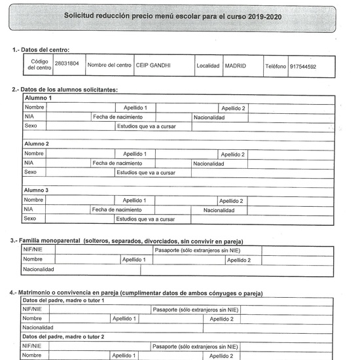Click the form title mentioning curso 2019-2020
click(173, 15)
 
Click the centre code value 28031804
click(66, 65)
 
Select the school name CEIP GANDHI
click(154, 65)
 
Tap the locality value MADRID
click(236, 65)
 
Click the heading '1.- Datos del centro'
click(41, 50)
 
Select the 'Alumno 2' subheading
click(37, 143)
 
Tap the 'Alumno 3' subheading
click(37, 190)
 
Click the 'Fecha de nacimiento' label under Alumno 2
click(117, 164)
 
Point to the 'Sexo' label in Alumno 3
click(29, 219)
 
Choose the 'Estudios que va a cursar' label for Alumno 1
click(145, 126)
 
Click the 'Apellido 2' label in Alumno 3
click(231, 200)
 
